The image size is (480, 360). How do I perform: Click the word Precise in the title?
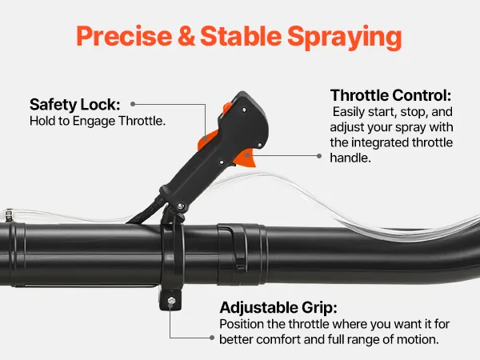(x=124, y=36)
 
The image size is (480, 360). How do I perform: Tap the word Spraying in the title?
(x=344, y=38)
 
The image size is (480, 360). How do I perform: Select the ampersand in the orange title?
(x=186, y=36)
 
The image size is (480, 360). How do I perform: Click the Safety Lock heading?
(x=75, y=105)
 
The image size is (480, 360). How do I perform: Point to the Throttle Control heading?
(x=391, y=95)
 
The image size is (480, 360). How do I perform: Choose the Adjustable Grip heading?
(x=278, y=308)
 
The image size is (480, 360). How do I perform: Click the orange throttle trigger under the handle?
(x=246, y=158)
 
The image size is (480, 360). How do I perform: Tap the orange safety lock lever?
(x=207, y=139)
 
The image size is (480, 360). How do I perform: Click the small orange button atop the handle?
(x=227, y=107)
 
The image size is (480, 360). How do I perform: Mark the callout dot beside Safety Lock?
(x=133, y=104)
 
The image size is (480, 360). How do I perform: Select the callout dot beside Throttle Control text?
(x=319, y=156)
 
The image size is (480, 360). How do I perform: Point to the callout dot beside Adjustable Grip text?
(x=212, y=338)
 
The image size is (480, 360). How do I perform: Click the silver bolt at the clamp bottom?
(x=171, y=301)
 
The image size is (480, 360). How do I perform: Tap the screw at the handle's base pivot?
(x=180, y=206)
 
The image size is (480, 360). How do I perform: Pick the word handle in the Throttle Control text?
(x=350, y=158)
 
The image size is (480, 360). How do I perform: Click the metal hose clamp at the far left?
(x=9, y=215)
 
